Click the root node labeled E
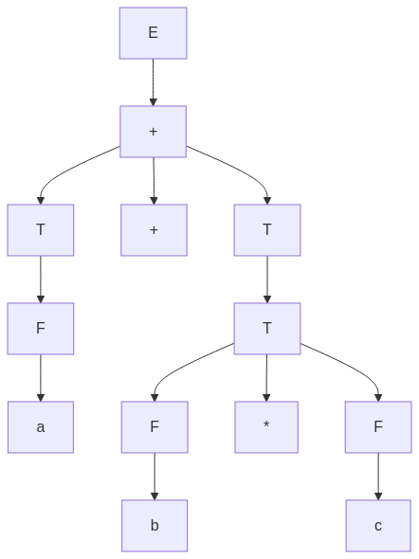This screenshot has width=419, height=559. click(153, 33)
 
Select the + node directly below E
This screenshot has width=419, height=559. click(153, 132)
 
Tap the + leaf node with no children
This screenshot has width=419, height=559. click(154, 230)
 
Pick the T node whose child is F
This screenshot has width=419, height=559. click(41, 230)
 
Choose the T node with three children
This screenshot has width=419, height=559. click(267, 329)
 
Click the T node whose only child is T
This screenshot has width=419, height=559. click(267, 230)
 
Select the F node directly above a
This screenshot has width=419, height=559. click(41, 329)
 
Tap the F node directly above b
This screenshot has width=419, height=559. click(155, 427)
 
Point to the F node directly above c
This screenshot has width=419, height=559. click(378, 427)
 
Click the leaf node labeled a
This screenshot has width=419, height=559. click(41, 427)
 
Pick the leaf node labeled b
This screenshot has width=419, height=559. click(155, 526)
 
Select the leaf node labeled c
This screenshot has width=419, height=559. click(378, 526)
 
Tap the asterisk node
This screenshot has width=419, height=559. click(266, 427)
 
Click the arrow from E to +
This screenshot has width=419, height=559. click(153, 82)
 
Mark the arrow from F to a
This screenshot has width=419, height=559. click(41, 378)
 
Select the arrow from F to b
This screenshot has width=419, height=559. click(155, 477)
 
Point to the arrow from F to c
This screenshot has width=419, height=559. click(378, 477)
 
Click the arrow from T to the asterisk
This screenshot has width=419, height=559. click(266, 378)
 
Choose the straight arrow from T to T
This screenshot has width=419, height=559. click(267, 279)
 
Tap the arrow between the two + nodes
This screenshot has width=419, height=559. click(154, 181)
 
